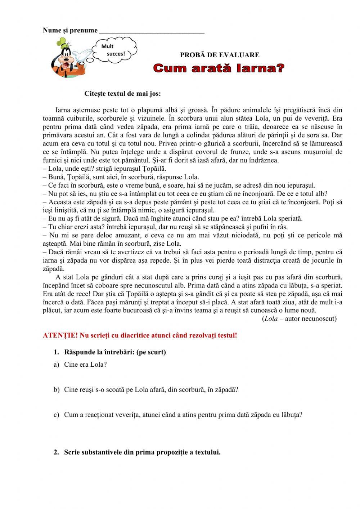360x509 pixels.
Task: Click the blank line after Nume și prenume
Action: click(152, 32)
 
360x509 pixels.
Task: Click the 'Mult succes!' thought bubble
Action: click(114, 50)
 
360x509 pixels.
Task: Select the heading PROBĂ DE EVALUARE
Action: click(220, 55)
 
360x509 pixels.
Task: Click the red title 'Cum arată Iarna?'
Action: click(219, 68)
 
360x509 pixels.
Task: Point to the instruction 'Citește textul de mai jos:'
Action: click(122, 94)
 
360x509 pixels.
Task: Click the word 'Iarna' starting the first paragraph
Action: click(63, 110)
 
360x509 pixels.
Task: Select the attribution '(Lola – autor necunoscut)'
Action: click(299, 318)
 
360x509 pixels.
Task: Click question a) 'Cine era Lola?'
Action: click(85, 364)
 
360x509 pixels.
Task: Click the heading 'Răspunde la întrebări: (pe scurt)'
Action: click(115, 352)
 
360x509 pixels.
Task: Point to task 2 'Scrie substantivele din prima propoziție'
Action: click(142, 452)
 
